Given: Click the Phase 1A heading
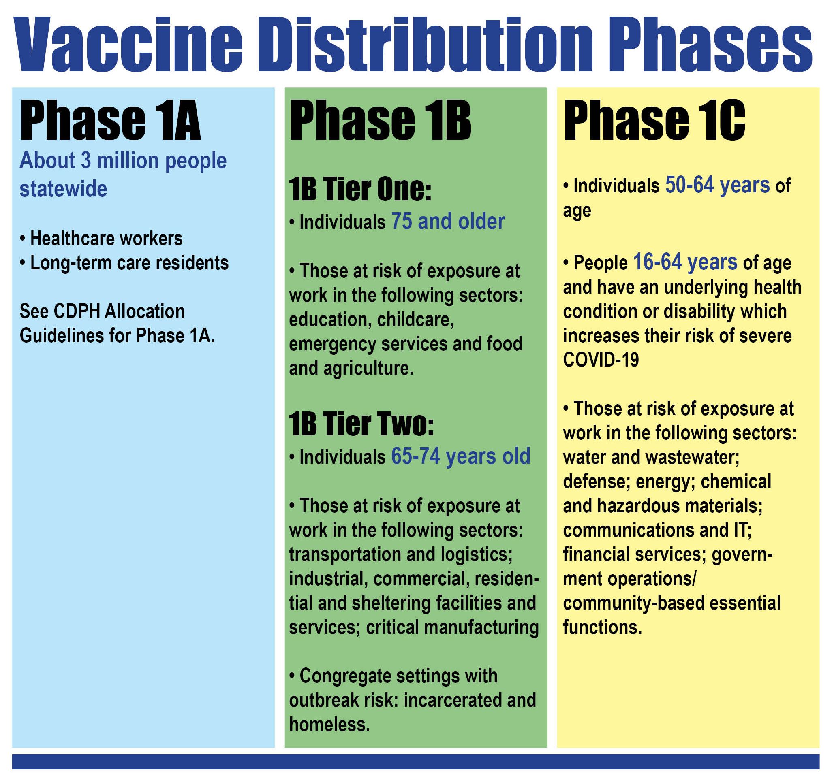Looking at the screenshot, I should coord(110,121).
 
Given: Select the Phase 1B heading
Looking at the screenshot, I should coord(380,121).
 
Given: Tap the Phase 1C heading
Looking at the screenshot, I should coord(654,121).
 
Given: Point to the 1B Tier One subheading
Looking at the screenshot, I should coord(360,189).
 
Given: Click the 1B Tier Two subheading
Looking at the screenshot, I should coord(361,424).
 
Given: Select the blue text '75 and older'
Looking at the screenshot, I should coord(448,222).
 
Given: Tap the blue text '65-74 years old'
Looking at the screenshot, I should coord(460,456).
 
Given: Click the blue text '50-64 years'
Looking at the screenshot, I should coord(717,185).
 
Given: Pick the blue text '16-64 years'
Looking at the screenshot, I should coord(684,262).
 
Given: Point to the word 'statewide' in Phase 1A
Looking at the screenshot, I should coord(63,189).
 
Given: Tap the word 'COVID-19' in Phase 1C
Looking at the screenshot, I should coord(600,360).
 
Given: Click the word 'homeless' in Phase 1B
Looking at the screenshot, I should coord(329,724).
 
